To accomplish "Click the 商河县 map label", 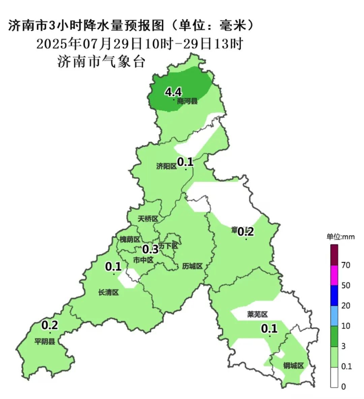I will pyautogui.click(x=187, y=101).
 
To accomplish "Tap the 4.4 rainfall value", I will pyautogui.click(x=174, y=92).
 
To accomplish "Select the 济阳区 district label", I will pyautogui.click(x=166, y=166).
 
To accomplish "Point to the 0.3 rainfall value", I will pyautogui.click(x=150, y=249).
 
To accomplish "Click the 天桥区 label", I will pyautogui.click(x=148, y=219).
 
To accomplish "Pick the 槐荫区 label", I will pyautogui.click(x=130, y=239).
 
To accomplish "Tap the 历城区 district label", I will pyautogui.click(x=192, y=266).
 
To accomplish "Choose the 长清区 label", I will pyautogui.click(x=109, y=292).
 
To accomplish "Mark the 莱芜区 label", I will pyautogui.click(x=257, y=315).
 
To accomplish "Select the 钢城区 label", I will pyautogui.click(x=294, y=366).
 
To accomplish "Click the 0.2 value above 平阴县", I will pyautogui.click(x=50, y=325).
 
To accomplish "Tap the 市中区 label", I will pyautogui.click(x=143, y=260).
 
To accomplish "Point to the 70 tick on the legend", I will pyautogui.click(x=346, y=265).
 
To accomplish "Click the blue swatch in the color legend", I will pyautogui.click(x=334, y=295).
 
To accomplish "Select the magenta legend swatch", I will pyautogui.click(x=334, y=275).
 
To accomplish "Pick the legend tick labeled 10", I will pyautogui.click(x=346, y=326).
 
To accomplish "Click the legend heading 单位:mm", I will pyautogui.click(x=340, y=237).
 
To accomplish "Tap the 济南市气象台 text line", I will pyautogui.click(x=101, y=62).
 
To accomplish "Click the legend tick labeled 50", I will pyautogui.click(x=346, y=286).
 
